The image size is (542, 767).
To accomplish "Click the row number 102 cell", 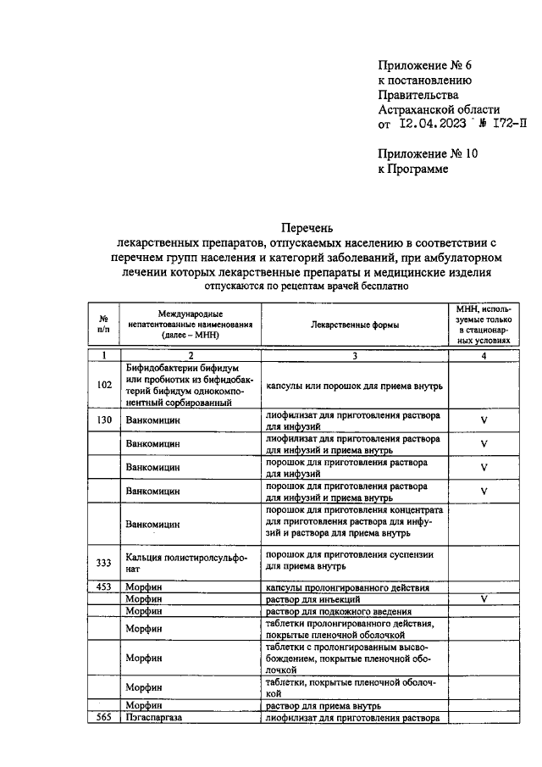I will tap(104, 385).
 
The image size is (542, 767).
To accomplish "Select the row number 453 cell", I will tap(104, 586).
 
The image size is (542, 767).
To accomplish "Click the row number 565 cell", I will tap(104, 718).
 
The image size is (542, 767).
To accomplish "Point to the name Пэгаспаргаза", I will tap(154, 718).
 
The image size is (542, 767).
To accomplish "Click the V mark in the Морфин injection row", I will tap(484, 599).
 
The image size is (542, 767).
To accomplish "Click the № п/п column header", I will tap(103, 325).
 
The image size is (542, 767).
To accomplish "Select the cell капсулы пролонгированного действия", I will tap(347, 586).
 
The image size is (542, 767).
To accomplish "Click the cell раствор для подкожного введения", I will tap(339, 611).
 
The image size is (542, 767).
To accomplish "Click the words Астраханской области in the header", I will tap(438, 109).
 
